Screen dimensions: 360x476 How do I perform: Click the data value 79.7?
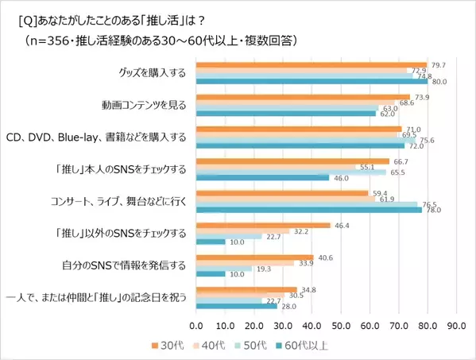[437, 64]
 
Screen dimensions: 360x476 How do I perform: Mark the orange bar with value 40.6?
[254, 257]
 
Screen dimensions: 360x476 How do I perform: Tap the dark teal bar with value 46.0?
[262, 177]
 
